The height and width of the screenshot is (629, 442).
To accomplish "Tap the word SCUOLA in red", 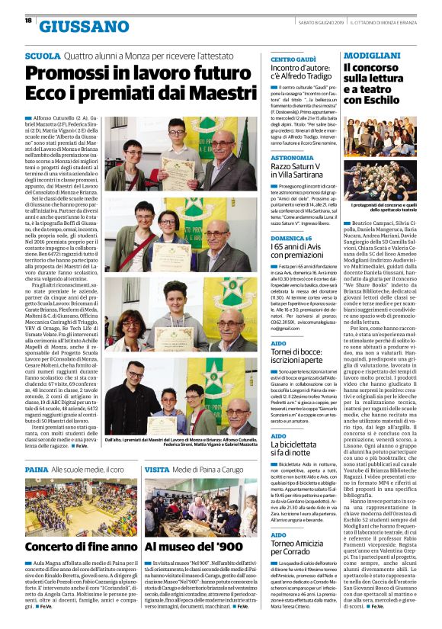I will [x=43, y=56].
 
